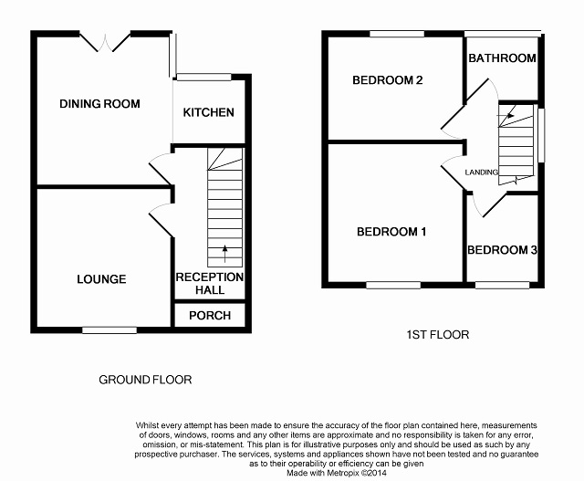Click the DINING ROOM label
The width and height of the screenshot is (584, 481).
[x=99, y=103]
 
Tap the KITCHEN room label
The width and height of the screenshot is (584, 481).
[x=209, y=112]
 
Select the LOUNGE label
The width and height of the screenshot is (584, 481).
[x=101, y=279]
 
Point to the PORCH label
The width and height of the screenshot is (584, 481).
[x=210, y=316]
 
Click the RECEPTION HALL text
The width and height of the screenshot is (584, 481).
[x=210, y=284]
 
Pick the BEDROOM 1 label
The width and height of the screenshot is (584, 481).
[x=391, y=232]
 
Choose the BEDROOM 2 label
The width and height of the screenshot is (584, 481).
[x=387, y=80]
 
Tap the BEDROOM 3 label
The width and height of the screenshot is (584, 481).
[x=502, y=250]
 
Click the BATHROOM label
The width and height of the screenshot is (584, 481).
[x=502, y=58]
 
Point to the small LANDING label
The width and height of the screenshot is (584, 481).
[x=481, y=173]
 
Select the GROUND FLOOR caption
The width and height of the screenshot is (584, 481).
[x=145, y=380]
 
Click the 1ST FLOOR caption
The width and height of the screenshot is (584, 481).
[x=438, y=335]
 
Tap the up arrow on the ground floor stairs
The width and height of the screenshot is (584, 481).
[x=224, y=254]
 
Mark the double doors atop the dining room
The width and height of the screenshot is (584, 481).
[x=105, y=42]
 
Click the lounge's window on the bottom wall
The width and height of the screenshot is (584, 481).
[x=109, y=330]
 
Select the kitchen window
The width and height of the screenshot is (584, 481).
[x=203, y=77]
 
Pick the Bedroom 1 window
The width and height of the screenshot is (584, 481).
[x=393, y=285]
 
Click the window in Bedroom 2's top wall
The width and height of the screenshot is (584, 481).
[x=397, y=34]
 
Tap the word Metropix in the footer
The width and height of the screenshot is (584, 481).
[x=343, y=473]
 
